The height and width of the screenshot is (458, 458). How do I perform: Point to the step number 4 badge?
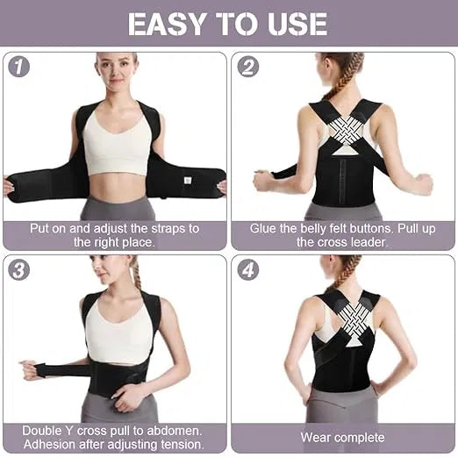pos(248,270)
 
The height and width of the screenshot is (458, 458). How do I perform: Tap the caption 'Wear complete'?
pos(342,437)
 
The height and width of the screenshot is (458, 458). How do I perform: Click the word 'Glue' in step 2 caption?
pos(266,228)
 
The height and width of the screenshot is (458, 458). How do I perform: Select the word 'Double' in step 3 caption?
pos(51,430)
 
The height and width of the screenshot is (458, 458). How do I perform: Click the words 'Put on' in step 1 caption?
pos(49,228)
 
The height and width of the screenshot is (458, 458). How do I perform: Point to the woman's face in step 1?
pos(117,74)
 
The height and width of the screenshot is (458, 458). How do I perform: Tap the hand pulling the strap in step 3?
pos(31,370)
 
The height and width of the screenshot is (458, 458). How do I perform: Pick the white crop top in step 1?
pos(117,144)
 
